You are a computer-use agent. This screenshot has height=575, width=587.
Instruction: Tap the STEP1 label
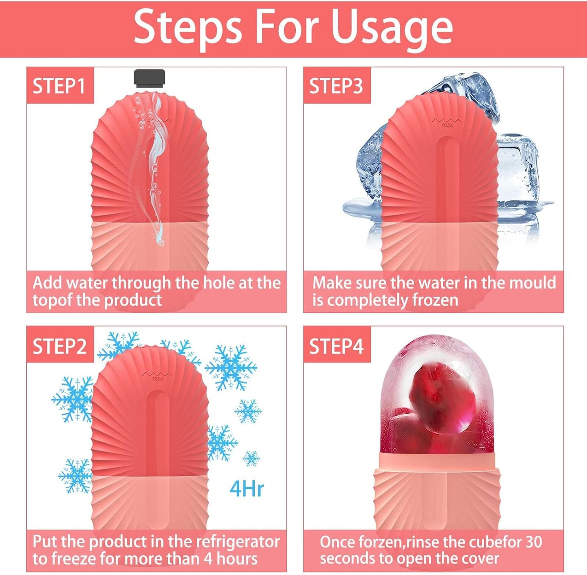(59, 86)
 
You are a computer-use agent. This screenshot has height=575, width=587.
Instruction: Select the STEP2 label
(59, 346)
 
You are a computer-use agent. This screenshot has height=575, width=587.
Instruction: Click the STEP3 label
(336, 86)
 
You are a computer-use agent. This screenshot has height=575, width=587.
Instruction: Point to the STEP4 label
(336, 346)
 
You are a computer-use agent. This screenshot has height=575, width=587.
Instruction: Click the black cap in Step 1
(149, 78)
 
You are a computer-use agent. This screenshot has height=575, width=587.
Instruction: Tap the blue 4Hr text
(247, 488)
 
